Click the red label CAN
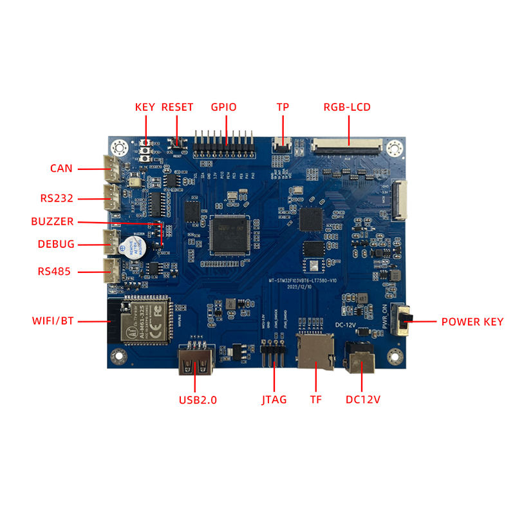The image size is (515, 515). (x=61, y=169)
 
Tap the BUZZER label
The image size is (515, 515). (x=52, y=221)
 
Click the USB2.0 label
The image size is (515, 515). (x=198, y=400)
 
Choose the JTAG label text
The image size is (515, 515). (x=274, y=400)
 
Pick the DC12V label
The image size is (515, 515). (x=363, y=400)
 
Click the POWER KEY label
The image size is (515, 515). (x=472, y=321)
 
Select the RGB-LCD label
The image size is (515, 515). (x=347, y=107)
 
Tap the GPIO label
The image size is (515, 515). (x=224, y=107)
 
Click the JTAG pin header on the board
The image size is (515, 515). (x=273, y=355)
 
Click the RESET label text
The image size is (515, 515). (x=177, y=107)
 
